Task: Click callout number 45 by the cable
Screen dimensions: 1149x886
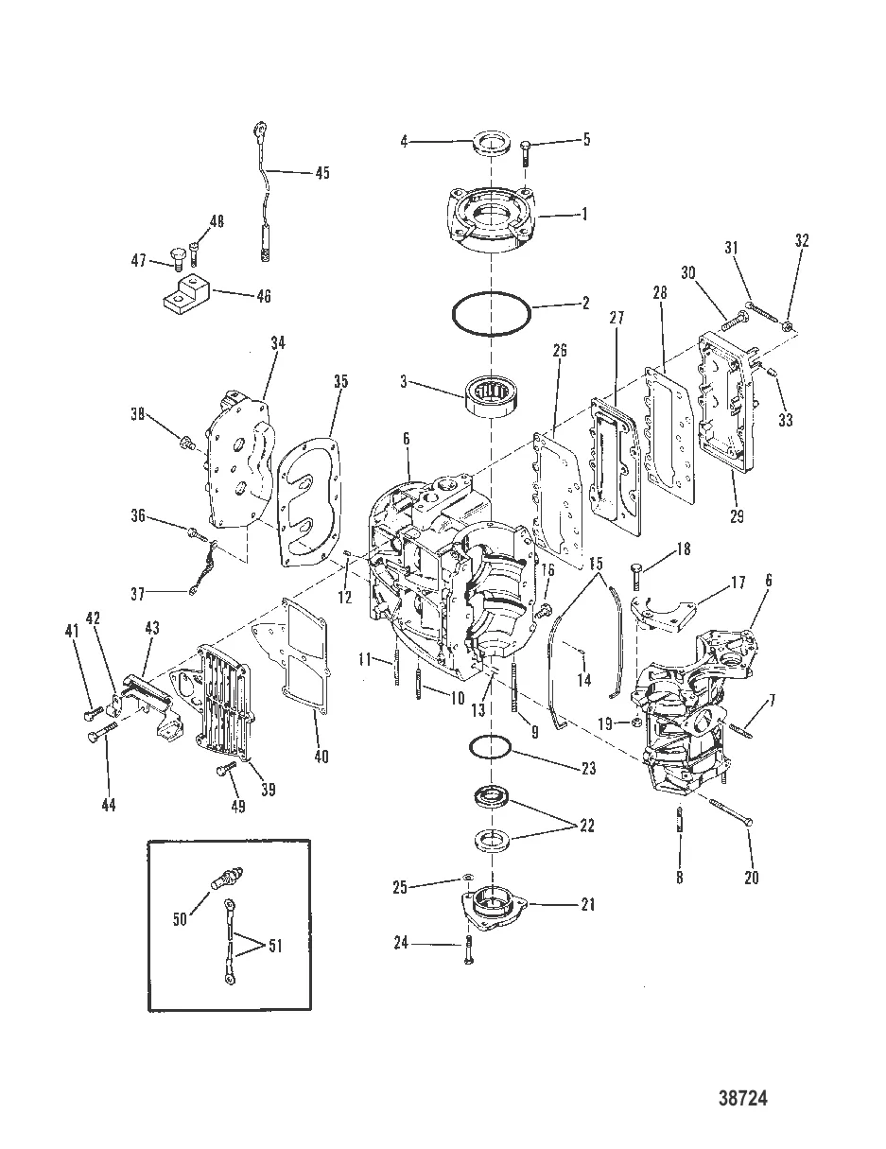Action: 322,173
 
